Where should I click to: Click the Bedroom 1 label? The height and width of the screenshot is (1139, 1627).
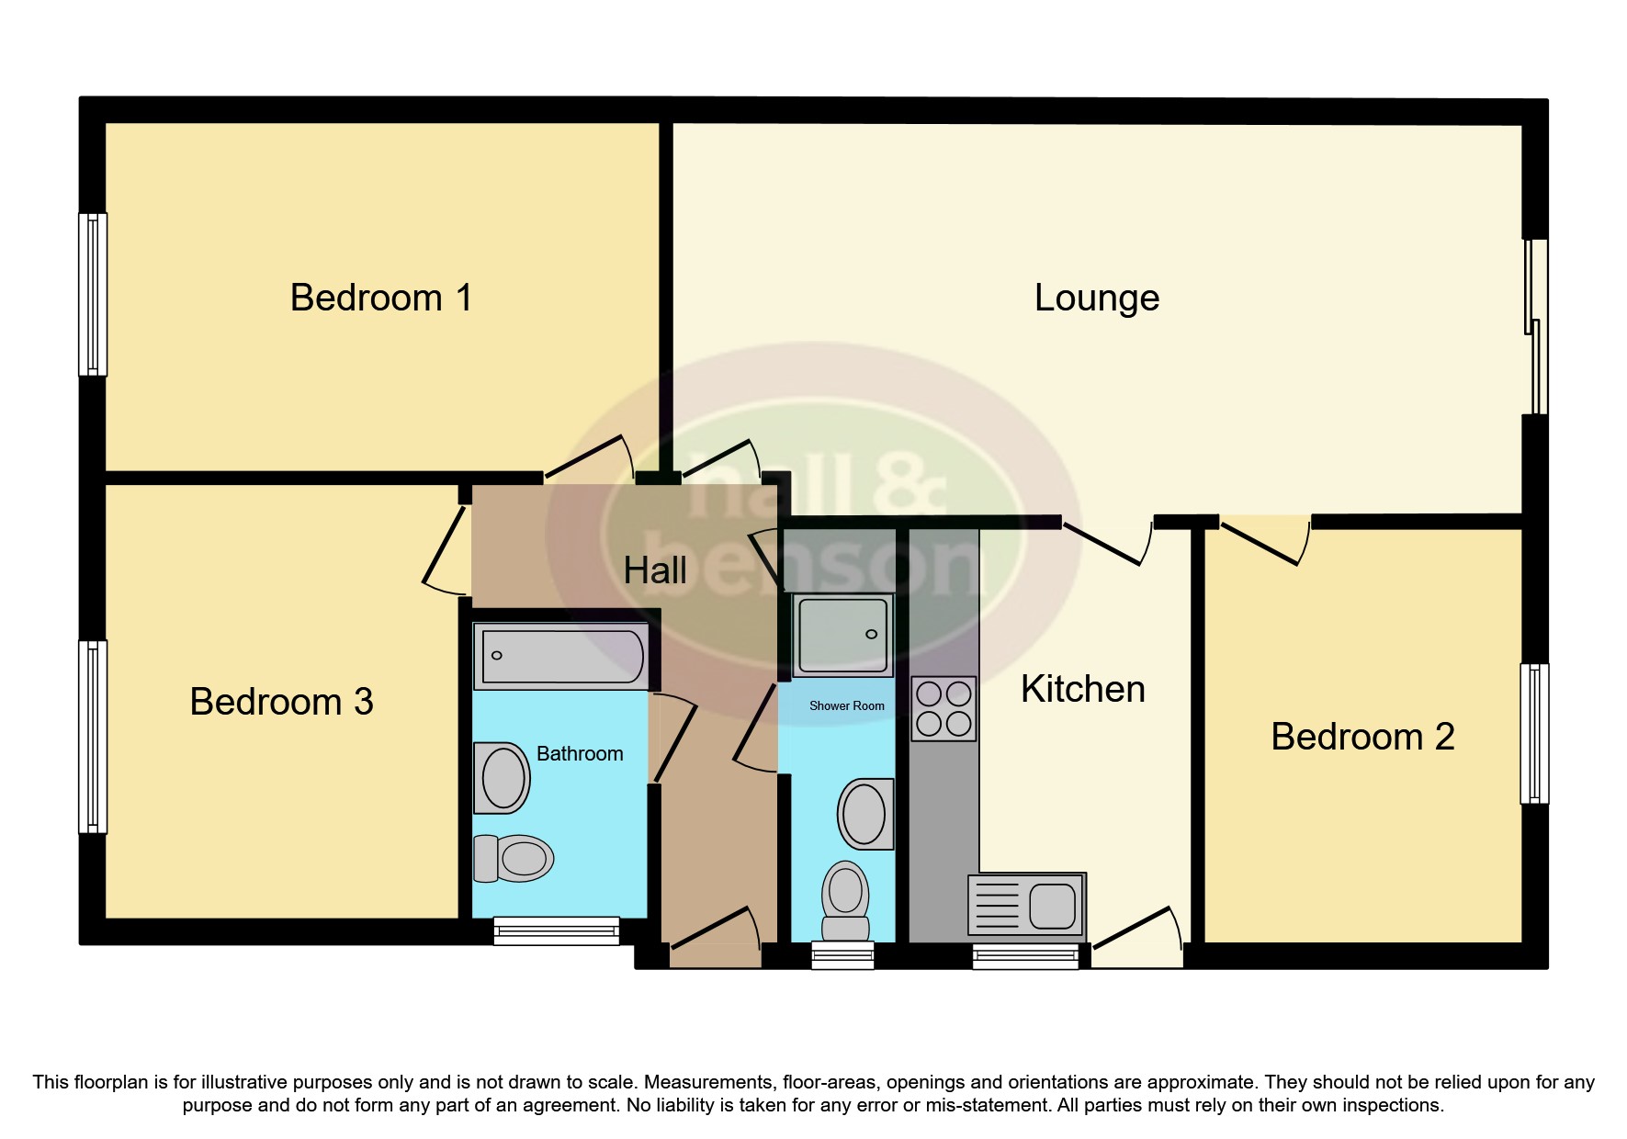[x=381, y=299]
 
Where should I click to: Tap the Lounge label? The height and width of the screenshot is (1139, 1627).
[x=1097, y=299]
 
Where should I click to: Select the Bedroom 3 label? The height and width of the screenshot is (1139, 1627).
[x=281, y=703]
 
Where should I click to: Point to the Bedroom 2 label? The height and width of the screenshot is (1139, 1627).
[x=1362, y=738]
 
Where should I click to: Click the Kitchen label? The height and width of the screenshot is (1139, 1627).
[x=1083, y=690]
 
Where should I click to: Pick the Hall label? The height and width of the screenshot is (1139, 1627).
[x=655, y=571]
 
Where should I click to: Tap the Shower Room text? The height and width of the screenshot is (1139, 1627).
[x=846, y=706]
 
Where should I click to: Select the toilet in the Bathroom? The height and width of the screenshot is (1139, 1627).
[x=513, y=859]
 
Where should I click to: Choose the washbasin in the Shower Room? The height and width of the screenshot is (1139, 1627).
[x=865, y=814]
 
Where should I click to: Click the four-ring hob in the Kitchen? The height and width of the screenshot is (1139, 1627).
[x=943, y=708]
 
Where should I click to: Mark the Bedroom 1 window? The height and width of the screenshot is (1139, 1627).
[x=93, y=294]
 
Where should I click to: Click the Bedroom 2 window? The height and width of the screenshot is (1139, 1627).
[x=1534, y=734]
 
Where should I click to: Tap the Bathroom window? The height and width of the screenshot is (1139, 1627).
[x=557, y=930]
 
